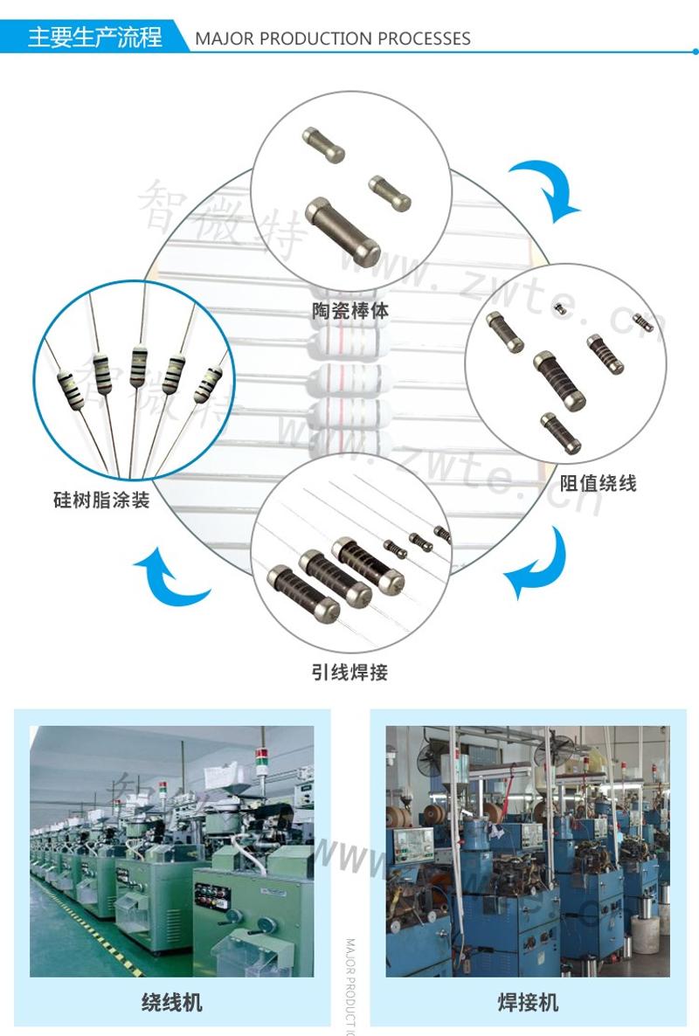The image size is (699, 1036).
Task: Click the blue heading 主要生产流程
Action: coord(94,38)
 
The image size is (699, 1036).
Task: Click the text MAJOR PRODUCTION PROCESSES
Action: coord(333,38)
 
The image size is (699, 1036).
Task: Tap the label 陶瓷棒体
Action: coord(350,309)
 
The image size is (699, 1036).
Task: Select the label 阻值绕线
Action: coord(599,482)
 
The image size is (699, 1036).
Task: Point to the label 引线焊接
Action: coord(349,672)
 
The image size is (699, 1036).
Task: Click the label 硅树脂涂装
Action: coord(101,501)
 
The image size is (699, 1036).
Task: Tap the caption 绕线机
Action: coord(171,1001)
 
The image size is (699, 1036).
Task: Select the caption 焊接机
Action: coord(528,1001)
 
